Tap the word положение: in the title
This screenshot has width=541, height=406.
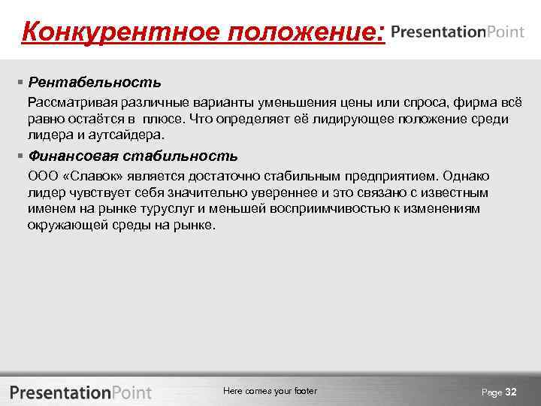point(309,32)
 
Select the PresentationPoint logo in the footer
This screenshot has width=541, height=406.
point(81,392)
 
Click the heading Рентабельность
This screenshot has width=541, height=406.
point(95,81)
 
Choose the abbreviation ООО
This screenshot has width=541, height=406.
point(42,176)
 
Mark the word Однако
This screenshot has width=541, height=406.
point(466,176)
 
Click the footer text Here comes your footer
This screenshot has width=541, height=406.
point(270,391)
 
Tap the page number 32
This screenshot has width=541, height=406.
point(511,392)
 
